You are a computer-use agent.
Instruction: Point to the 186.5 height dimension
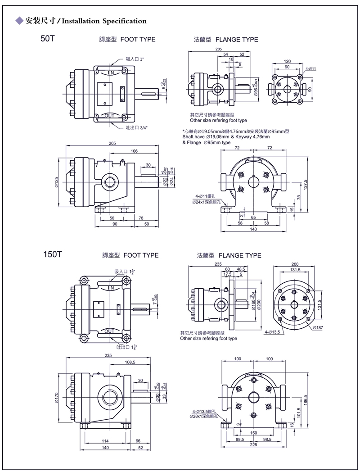pyautogui.click(x=306, y=400)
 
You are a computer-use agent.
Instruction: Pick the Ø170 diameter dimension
pyautogui.click(x=57, y=397)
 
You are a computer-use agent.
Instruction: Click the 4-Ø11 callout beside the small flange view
pyautogui.click(x=311, y=69)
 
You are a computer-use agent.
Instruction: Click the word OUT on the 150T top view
pyautogui.click(x=109, y=331)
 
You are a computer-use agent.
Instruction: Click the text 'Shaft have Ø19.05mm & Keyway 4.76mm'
pyautogui.click(x=226, y=136)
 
